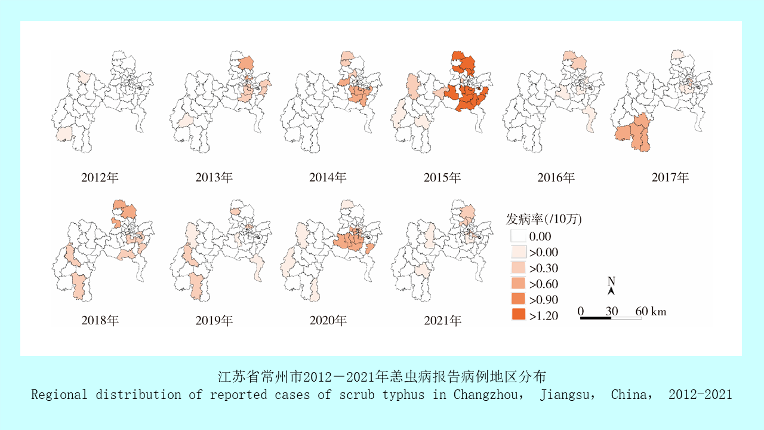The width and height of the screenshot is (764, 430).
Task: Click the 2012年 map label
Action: pos(100,177)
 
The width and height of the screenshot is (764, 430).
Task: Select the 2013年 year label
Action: pos(214,177)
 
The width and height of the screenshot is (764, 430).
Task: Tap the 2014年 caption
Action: pos(328,177)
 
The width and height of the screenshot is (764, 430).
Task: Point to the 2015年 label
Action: pos(442,177)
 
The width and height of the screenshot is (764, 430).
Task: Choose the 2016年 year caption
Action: pos(556,177)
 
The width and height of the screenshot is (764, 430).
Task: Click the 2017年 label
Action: pos(670,177)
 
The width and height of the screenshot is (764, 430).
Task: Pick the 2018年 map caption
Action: pos(100,321)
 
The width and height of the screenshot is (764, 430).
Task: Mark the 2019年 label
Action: pos(214,321)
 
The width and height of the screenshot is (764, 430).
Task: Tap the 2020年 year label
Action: pos(328,321)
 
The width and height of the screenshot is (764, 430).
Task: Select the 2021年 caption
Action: pos(442,321)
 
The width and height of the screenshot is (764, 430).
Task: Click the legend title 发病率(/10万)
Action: pos(544,219)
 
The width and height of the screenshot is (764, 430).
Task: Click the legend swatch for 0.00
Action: pos(519,236)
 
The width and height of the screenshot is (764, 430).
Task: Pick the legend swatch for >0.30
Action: pos(519,268)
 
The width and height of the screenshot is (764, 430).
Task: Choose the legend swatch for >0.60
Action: pos(519,284)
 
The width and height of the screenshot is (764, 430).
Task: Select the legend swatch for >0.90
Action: pos(519,300)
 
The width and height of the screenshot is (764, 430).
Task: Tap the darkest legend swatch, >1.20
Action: pos(519,315)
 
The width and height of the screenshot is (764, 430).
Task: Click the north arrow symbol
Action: pos(611,291)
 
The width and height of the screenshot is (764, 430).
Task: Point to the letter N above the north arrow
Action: pos(611,281)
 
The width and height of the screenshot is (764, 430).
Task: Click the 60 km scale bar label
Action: pos(651,311)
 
